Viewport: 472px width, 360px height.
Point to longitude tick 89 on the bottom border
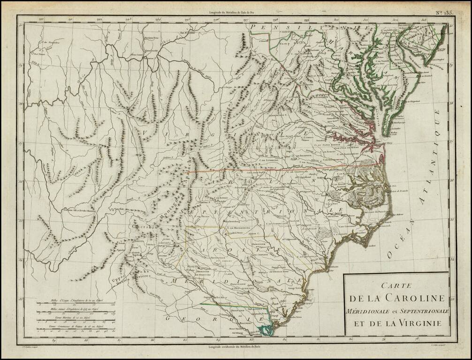coord(54,341)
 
